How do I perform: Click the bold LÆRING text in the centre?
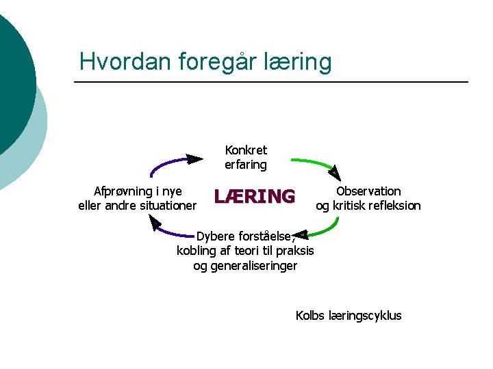(254, 197)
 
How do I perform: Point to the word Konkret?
(246, 150)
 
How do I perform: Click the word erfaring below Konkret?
(246, 165)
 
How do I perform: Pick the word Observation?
(368, 191)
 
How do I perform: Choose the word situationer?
(166, 206)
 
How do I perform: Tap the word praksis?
(295, 251)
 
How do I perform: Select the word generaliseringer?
(245, 266)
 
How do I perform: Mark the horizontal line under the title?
(270, 83)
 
